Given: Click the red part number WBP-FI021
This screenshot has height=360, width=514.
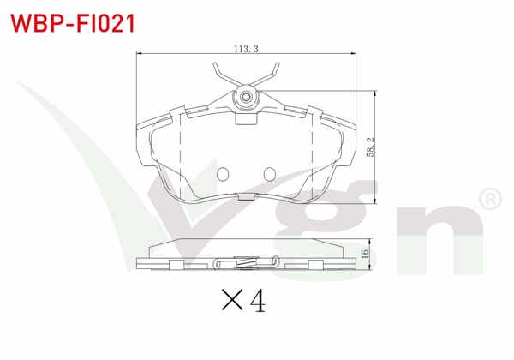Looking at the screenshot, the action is (73, 23).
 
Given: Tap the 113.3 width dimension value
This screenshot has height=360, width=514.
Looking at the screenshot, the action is (246, 49).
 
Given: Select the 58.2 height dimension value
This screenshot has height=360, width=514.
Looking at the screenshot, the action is (370, 147).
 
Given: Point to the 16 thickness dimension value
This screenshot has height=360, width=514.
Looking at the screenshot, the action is (365, 253).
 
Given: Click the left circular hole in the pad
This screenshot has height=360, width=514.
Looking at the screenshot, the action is (223, 174).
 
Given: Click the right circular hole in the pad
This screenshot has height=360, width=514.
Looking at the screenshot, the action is (270, 174).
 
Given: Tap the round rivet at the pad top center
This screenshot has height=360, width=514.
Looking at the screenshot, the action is (246, 97).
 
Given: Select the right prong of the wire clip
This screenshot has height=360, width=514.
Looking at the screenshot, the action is (267, 75).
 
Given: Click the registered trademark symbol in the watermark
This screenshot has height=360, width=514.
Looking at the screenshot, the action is (490, 199).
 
